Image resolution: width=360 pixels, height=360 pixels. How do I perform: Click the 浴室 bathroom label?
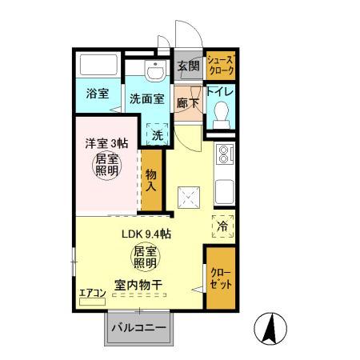point(98,94)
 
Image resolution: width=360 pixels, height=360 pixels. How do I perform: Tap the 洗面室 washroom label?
point(147,100)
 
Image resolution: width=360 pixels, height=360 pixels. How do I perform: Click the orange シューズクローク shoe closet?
point(221,66)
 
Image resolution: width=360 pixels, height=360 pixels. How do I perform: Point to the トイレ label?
point(221,93)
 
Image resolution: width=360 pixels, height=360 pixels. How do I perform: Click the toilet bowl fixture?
point(220,118)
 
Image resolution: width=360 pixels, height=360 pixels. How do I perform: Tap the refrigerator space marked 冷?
point(222,226)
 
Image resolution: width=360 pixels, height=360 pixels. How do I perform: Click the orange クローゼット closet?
point(220,279)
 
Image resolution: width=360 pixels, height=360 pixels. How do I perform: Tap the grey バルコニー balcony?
point(138,328)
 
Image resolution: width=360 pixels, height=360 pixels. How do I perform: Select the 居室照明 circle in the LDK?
point(145,257)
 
